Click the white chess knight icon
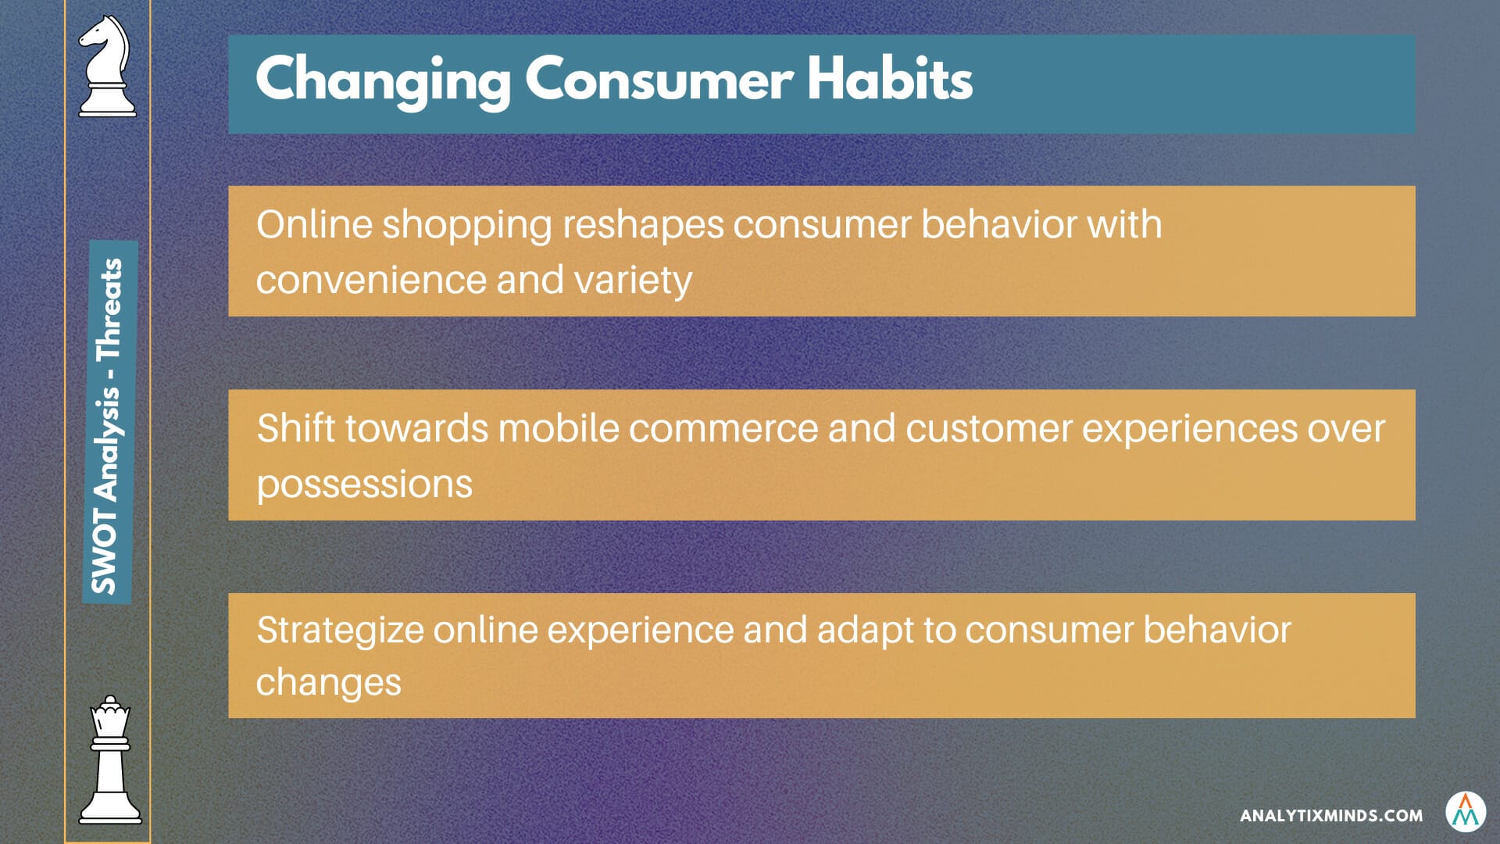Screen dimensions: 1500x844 (107, 66)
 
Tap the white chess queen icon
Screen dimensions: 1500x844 (110, 760)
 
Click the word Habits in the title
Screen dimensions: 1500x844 (890, 78)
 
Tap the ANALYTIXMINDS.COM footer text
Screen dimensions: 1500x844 (1331, 816)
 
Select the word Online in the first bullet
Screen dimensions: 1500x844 (314, 224)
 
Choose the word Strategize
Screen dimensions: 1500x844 (340, 631)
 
